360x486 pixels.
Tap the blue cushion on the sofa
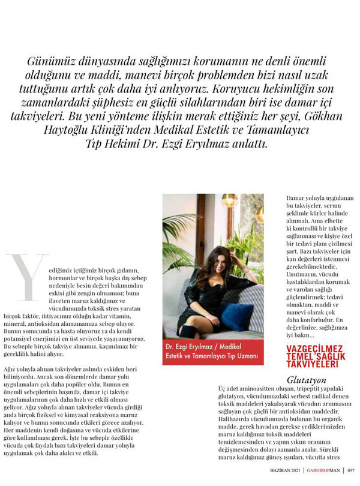(x=236, y=316)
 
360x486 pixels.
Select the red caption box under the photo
(x=213, y=354)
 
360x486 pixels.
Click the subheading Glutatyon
(x=305, y=379)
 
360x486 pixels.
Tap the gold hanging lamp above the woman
(x=229, y=201)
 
